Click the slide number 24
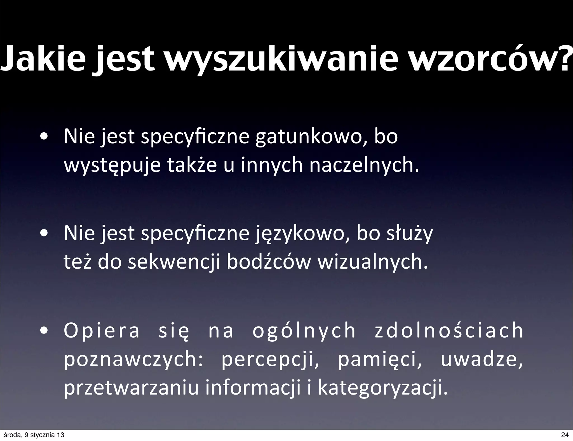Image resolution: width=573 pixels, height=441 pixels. click(x=565, y=435)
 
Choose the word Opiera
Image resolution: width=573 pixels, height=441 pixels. click(x=102, y=330)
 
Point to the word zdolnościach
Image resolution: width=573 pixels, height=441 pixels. click(x=449, y=330)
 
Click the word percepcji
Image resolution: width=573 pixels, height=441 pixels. click(x=270, y=360)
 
